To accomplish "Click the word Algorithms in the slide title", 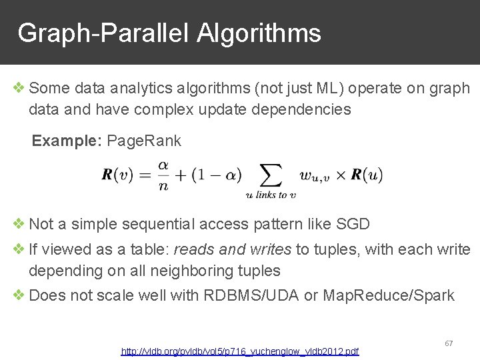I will click(259, 33).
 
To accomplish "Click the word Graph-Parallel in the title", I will click(104, 33).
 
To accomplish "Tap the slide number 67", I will click(449, 343).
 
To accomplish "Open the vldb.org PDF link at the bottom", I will click(239, 351).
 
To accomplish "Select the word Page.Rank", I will click(144, 141).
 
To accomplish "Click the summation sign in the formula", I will click(270, 175).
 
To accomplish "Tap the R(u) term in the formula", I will click(367, 175).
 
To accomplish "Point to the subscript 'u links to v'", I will click(270, 195).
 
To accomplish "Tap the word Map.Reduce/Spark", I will click(389, 295).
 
